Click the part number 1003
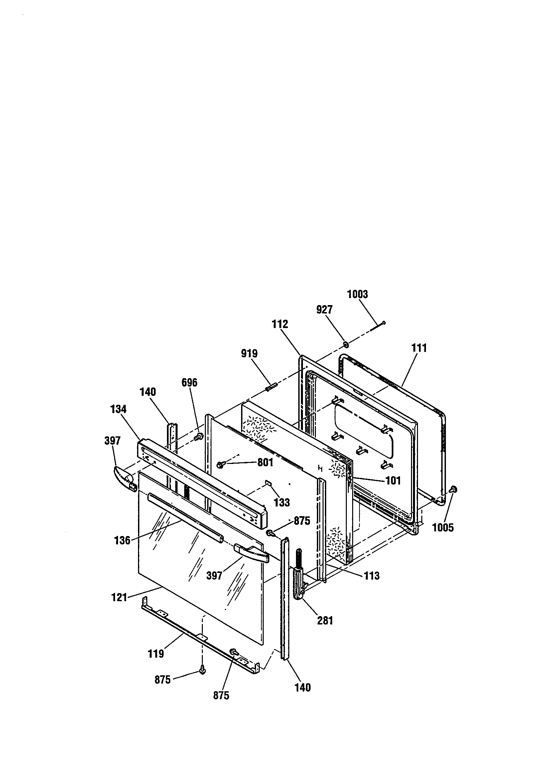click(357, 294)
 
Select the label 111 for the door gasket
click(419, 348)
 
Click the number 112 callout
click(280, 324)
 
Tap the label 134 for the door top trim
click(118, 409)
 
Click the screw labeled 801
click(220, 466)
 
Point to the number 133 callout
click(282, 502)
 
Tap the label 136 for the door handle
click(122, 540)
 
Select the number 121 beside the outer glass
click(119, 597)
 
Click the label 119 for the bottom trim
click(156, 653)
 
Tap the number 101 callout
click(393, 480)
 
